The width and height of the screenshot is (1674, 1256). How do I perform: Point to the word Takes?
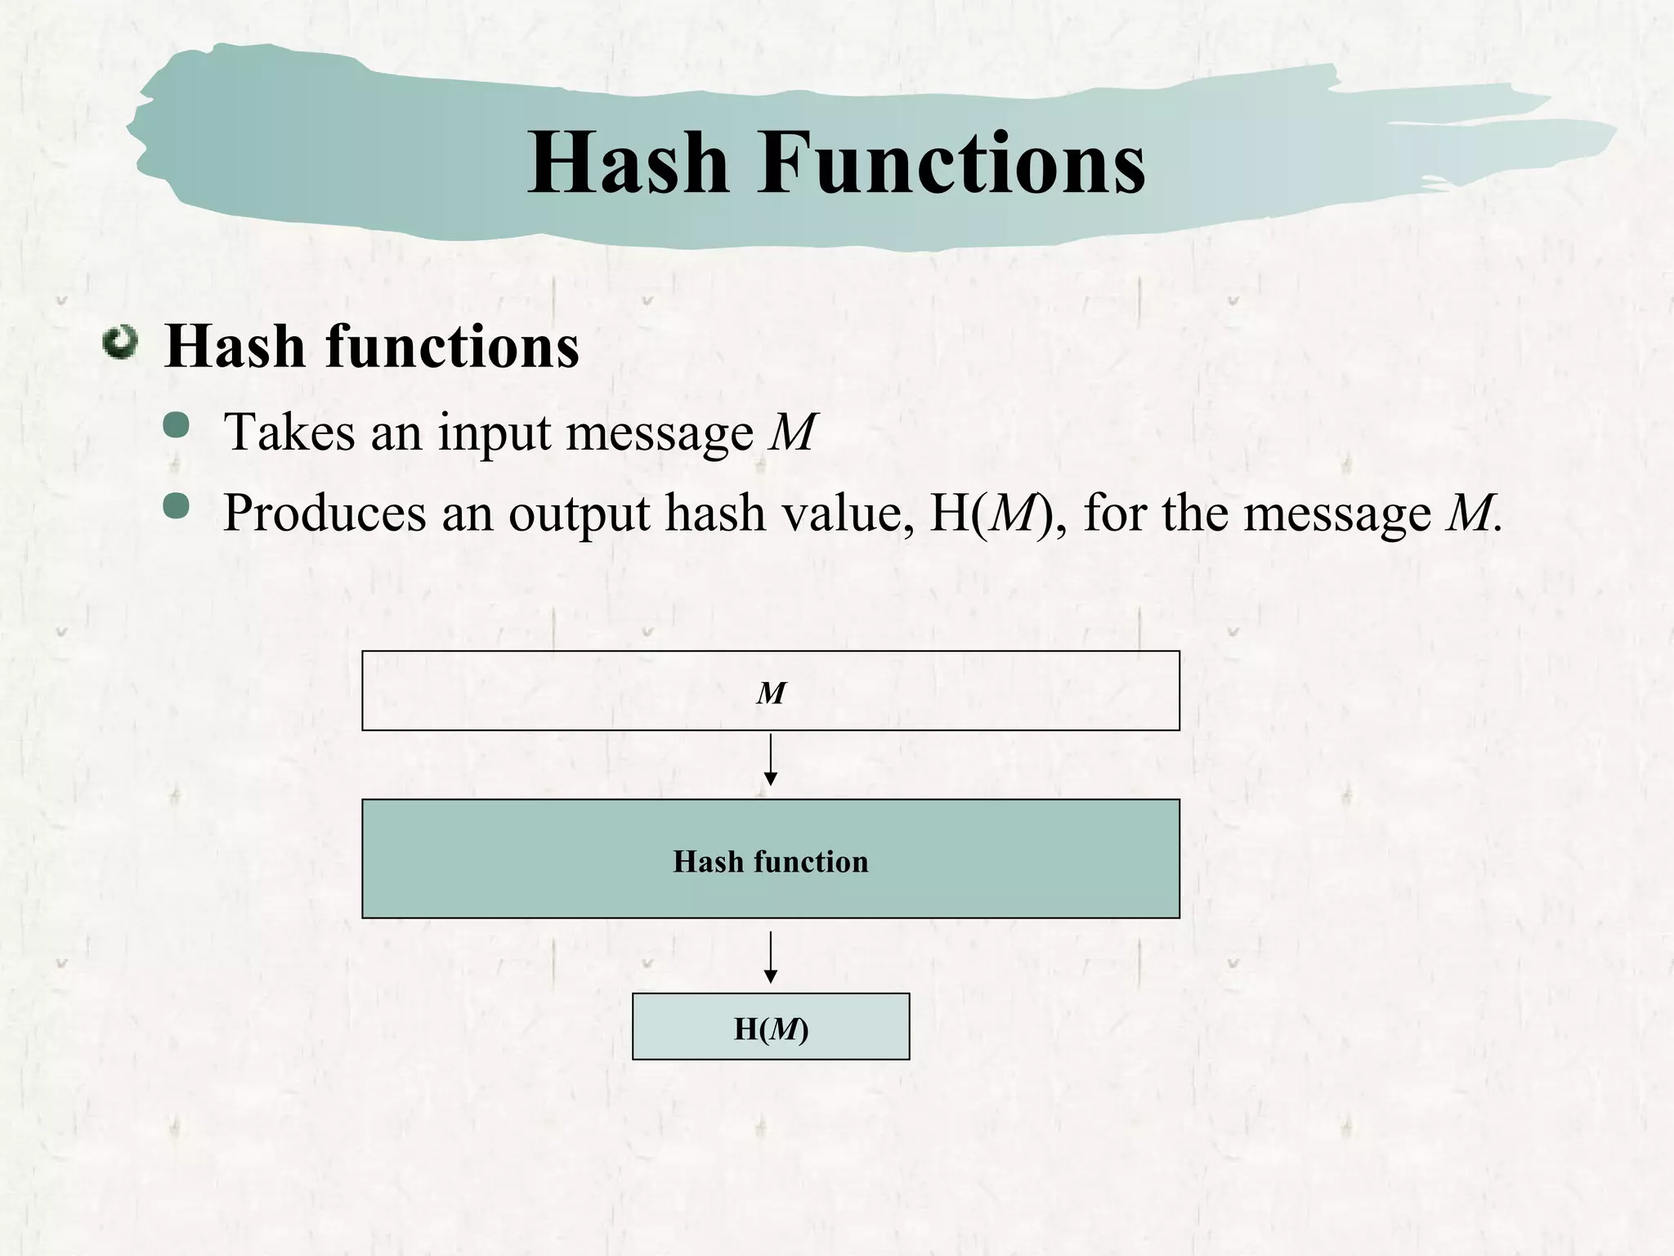pos(289,432)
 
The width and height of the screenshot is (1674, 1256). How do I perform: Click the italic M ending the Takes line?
pos(792,432)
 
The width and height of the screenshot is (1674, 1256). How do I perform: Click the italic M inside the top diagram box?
pos(770,693)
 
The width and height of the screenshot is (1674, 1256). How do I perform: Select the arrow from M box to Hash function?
pos(770,760)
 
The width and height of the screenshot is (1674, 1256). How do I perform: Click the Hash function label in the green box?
pos(770,861)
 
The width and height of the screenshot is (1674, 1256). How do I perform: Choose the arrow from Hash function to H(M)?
pos(770,957)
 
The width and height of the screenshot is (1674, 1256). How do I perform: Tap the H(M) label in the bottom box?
pos(770,1029)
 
